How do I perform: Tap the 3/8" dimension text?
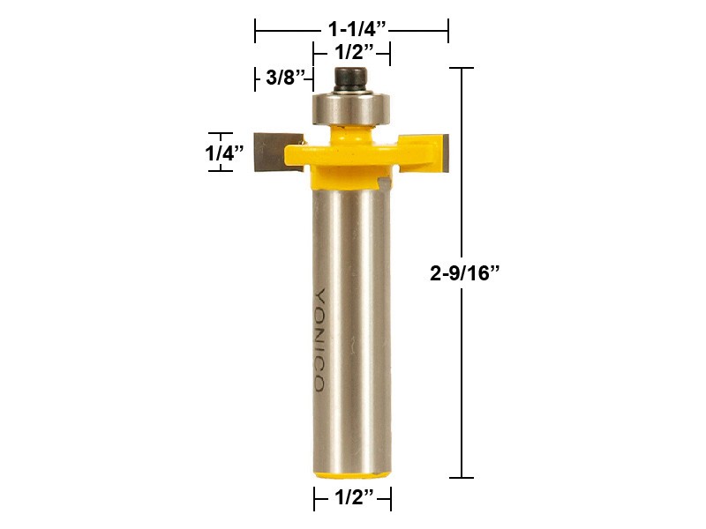point(284,78)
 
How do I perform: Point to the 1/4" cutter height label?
point(224,152)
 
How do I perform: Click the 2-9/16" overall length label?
point(465,273)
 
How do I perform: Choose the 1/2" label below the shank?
point(352,499)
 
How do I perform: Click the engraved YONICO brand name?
point(319,339)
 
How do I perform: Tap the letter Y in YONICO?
point(319,295)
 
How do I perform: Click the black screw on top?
point(351,78)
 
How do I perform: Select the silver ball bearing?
point(351,107)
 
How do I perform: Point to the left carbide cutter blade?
point(268,151)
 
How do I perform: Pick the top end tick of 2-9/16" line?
point(462,68)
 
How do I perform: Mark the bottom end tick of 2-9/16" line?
point(462,478)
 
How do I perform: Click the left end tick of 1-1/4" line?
point(256,32)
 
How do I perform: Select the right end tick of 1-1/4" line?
point(448,32)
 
